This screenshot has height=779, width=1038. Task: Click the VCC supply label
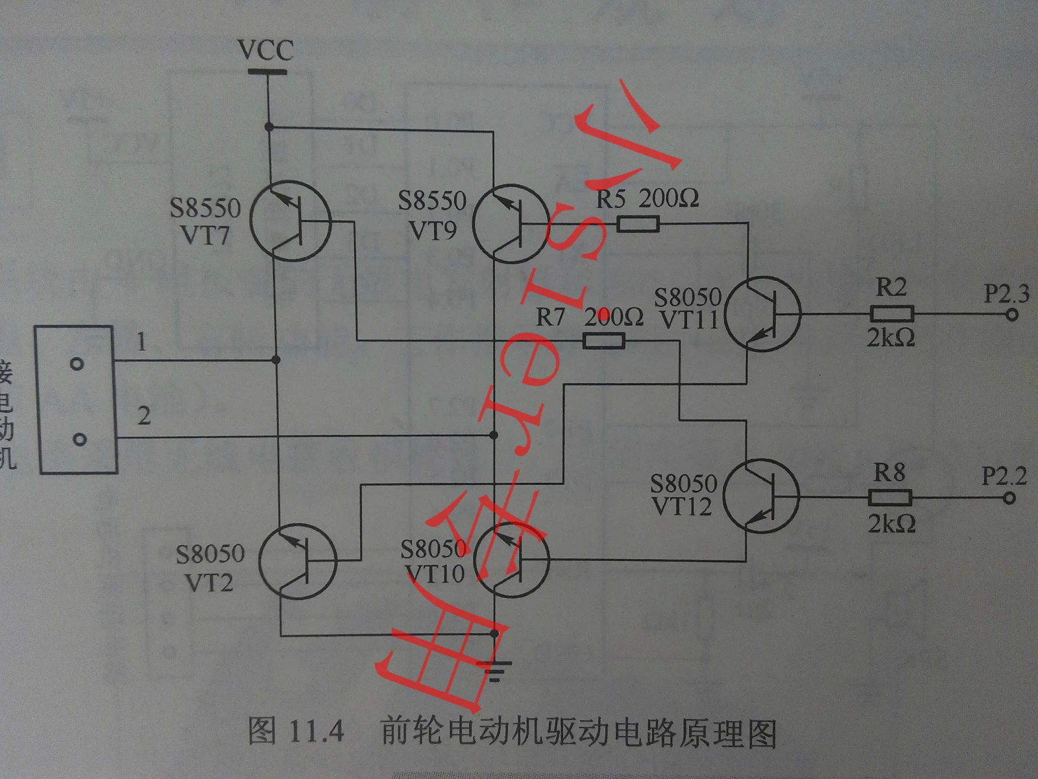(x=265, y=50)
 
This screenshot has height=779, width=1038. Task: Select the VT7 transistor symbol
(x=291, y=221)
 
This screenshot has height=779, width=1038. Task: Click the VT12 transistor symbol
(x=761, y=497)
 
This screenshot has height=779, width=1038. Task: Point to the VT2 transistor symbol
(x=298, y=562)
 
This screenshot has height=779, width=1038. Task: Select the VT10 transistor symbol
(x=512, y=559)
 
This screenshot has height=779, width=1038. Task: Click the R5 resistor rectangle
(x=638, y=225)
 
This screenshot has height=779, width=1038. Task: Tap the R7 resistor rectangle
(x=604, y=340)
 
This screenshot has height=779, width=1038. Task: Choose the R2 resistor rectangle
(x=891, y=315)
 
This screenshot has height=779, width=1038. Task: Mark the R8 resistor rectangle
(x=890, y=498)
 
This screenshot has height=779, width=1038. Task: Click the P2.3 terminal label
(x=1006, y=294)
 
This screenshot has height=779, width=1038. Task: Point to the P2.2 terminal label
(x=1004, y=476)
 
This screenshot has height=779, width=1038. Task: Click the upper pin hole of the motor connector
(x=77, y=364)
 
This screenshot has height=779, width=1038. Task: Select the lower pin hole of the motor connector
(x=79, y=440)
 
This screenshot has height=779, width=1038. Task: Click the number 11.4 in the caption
(x=315, y=732)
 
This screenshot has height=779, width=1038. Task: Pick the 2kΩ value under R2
(x=891, y=338)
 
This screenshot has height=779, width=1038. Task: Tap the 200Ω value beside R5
(x=668, y=199)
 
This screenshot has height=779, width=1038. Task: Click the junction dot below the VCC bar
(x=269, y=127)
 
